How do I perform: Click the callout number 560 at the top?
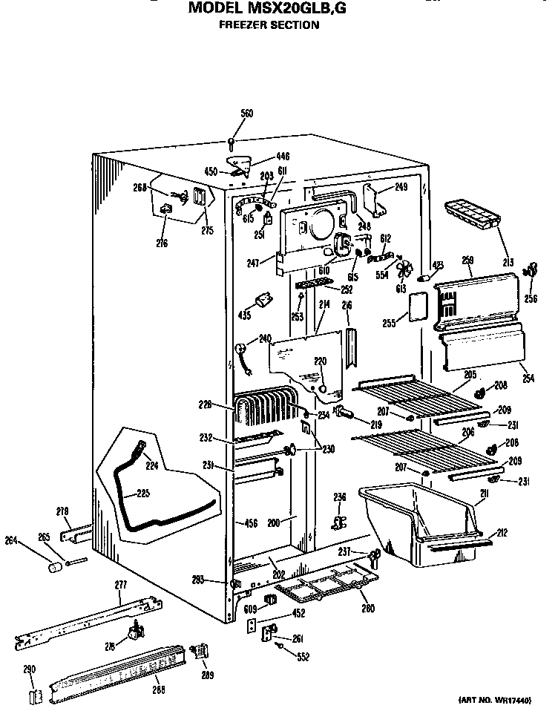tap(246, 114)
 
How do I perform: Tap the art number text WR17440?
tap(516, 700)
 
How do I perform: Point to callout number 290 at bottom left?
tap(30, 669)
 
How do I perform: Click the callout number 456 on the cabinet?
tap(251, 524)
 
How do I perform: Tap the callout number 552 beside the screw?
tap(302, 657)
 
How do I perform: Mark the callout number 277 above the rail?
tap(120, 586)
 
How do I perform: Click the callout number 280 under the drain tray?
tap(367, 609)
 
